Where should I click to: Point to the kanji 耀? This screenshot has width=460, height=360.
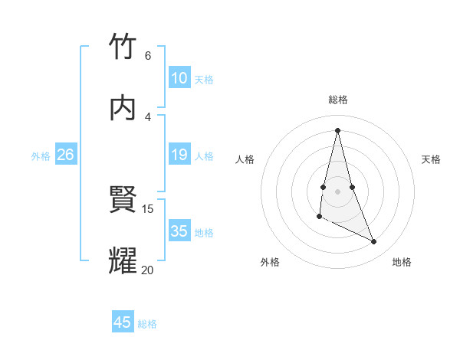point(123,261)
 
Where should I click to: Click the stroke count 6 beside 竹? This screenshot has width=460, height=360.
point(148,56)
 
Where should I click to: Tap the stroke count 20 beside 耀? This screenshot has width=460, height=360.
point(148,270)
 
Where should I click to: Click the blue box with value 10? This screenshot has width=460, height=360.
point(179,78)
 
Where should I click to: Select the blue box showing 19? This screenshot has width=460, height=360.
point(179,155)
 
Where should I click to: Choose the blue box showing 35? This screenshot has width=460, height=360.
point(179,231)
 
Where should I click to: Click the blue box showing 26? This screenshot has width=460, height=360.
point(65,155)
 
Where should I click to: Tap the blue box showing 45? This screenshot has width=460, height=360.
point(123,322)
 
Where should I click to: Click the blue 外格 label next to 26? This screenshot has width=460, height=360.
point(41,155)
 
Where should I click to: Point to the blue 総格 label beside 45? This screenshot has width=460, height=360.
point(147,323)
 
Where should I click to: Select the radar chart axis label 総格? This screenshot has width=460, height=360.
point(338,100)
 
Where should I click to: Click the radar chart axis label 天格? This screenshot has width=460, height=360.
point(431,159)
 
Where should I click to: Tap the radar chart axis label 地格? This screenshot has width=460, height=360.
point(402,262)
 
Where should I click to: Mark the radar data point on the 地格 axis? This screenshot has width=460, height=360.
point(374,241)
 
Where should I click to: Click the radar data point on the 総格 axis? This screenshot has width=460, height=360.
point(338,129)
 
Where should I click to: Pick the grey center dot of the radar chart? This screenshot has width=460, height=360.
point(338,191)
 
